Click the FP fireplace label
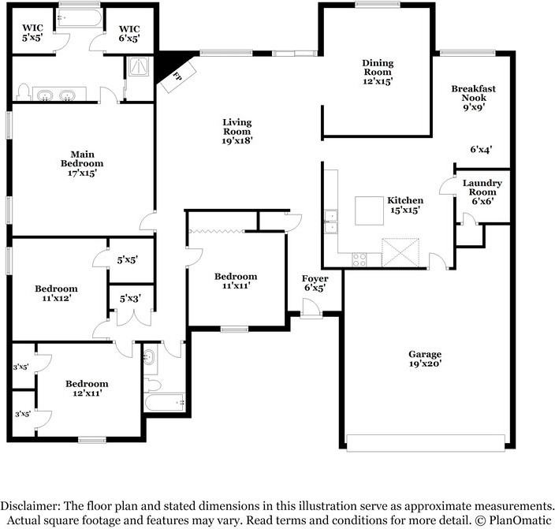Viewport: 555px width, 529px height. [177, 76]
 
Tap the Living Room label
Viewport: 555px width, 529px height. [237, 132]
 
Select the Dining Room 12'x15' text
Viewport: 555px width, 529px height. [378, 73]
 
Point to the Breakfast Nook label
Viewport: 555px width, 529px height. [474, 93]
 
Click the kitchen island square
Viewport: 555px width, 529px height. [369, 210]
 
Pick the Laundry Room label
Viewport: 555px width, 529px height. [482, 188]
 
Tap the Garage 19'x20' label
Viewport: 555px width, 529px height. [425, 359]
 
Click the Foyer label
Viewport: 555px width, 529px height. [315, 278]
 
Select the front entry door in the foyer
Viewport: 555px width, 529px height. [311, 309]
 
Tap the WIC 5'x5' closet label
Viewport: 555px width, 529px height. [32, 32]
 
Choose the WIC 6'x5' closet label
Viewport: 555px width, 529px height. [129, 34]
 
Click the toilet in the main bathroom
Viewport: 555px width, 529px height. [22, 92]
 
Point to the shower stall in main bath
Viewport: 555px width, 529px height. [139, 66]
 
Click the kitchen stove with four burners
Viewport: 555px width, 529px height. [359, 259]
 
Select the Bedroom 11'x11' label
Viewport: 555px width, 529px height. [236, 281]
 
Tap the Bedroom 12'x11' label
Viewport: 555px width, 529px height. [87, 388]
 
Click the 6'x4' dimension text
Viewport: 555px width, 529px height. [481, 150]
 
